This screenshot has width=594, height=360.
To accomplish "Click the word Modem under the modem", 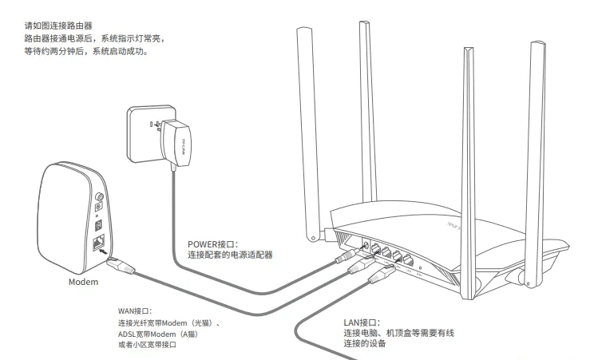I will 83,282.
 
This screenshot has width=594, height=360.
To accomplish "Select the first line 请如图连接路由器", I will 57,26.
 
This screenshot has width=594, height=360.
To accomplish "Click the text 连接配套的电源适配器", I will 230,255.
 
